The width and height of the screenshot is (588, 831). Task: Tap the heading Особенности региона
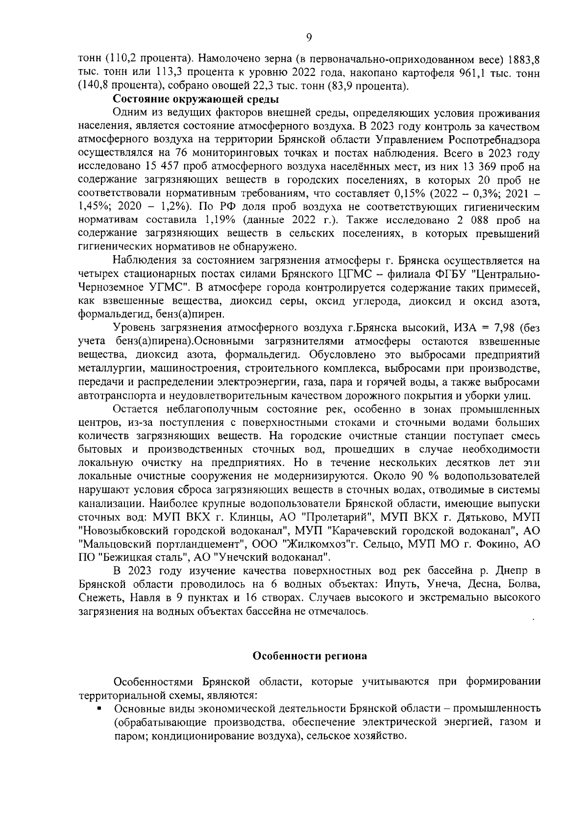(309, 656)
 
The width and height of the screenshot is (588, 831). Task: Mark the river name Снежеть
(100, 598)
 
